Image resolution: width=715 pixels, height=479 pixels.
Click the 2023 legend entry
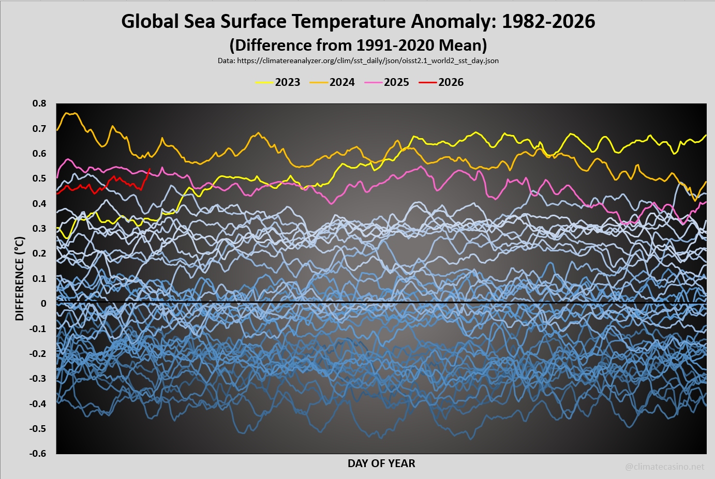(278, 82)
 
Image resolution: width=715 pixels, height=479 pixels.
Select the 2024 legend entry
(332, 82)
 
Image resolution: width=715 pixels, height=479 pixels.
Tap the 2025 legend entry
(386, 82)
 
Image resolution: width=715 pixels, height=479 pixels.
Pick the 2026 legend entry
(441, 82)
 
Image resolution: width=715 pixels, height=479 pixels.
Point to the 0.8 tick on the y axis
(39, 103)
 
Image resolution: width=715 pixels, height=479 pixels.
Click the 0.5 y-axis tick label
(39, 178)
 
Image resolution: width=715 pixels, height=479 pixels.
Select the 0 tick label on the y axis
(43, 304)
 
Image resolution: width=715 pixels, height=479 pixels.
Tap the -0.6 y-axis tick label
(38, 454)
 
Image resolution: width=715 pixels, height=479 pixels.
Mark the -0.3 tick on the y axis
(38, 379)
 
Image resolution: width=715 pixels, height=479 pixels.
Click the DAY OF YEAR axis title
(381, 463)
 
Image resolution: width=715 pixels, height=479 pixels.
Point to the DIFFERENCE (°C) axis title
(20, 278)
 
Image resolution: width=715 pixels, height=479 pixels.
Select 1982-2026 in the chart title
(548, 21)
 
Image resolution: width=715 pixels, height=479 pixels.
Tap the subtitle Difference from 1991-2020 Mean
(358, 45)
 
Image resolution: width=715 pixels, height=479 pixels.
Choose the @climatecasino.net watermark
(664, 467)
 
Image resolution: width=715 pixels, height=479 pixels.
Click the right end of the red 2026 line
(150, 169)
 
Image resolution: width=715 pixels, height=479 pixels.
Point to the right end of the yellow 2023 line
(706, 136)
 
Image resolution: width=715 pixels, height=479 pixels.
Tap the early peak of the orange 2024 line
(74, 113)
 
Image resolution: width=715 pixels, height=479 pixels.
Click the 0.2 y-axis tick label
(39, 253)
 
